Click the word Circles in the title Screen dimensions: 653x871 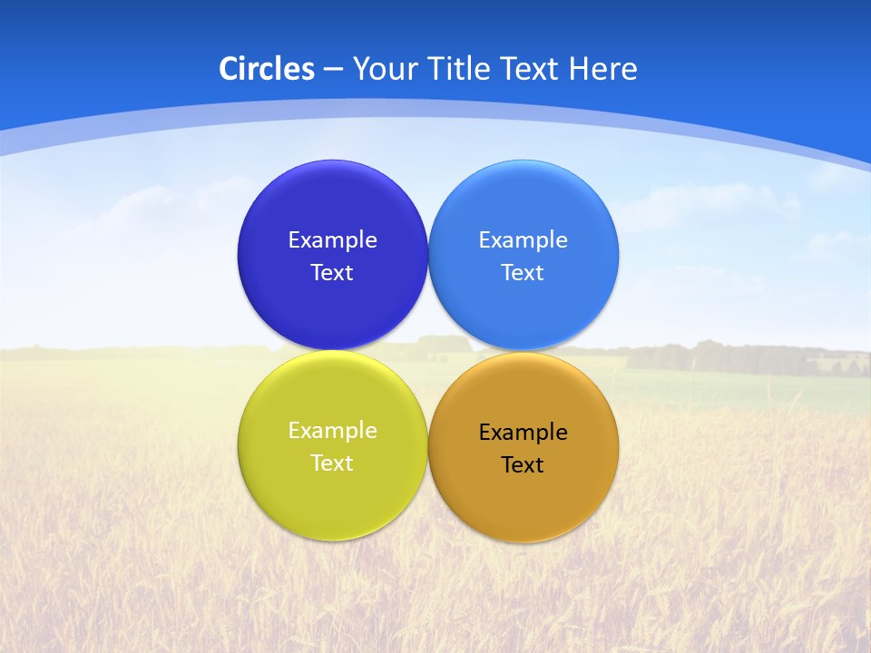click(x=267, y=69)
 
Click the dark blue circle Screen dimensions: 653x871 click(x=332, y=209)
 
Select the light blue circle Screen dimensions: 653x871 click(x=524, y=209)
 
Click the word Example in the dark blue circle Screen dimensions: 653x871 click(x=332, y=240)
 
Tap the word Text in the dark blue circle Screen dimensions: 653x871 click(x=332, y=273)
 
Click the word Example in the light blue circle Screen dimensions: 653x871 click(x=524, y=240)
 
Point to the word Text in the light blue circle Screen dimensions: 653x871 click(x=524, y=273)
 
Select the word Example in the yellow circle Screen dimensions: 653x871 click(x=332, y=431)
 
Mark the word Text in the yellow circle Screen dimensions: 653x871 click(x=332, y=463)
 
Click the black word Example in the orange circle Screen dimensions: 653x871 click(x=524, y=433)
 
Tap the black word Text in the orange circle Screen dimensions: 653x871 click(x=524, y=465)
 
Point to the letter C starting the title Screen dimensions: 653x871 click(x=229, y=69)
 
